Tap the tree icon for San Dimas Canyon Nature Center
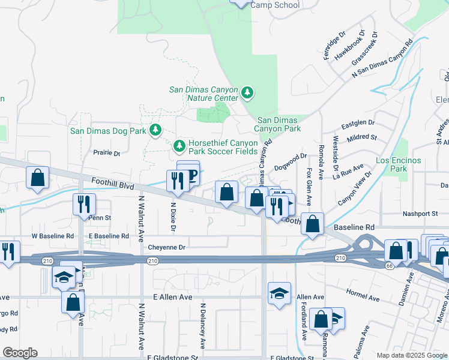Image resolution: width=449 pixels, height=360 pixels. [x=247, y=93]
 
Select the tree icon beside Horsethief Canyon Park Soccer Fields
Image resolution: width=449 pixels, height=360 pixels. [x=179, y=145]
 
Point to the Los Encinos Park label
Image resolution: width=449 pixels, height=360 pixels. [x=398, y=164]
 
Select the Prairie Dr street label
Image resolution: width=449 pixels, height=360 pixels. [x=107, y=153]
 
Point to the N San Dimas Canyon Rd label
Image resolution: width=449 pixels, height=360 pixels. [x=383, y=58]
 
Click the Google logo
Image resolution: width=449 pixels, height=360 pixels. [x=20, y=353]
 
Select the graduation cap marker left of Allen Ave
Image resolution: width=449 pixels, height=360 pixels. [x=279, y=293]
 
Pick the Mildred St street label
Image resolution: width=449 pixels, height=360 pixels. [x=362, y=137]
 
